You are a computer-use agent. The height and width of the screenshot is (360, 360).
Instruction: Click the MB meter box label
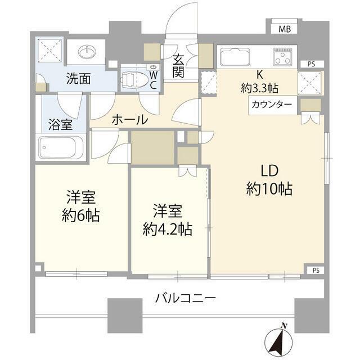[x=285, y=29]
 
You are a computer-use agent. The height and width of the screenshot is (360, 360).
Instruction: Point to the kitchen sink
[x=235, y=57]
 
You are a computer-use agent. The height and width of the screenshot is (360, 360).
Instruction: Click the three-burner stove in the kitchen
[x=282, y=56]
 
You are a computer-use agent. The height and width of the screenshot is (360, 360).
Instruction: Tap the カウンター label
[x=272, y=105]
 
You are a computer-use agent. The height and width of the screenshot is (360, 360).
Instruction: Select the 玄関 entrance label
[x=178, y=66]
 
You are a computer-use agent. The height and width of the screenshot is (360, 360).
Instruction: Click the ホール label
[x=130, y=120]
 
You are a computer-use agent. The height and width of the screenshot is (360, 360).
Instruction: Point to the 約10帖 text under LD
[x=269, y=189]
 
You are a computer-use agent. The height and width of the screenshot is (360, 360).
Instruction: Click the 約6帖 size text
[x=81, y=215]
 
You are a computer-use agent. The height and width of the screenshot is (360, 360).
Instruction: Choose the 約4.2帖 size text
[x=168, y=229]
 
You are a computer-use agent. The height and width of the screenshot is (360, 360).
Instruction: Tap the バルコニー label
[x=186, y=299]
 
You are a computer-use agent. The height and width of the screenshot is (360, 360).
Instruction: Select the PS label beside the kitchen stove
[x=311, y=64]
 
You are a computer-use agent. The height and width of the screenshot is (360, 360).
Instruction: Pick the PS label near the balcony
[x=316, y=271]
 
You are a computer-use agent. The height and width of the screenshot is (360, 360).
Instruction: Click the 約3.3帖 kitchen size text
[x=259, y=88]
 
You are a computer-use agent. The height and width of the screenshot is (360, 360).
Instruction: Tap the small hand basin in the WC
[x=152, y=67]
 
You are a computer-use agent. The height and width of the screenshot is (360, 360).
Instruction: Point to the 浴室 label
[x=61, y=125]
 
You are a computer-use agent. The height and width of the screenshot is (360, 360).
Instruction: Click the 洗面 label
[x=78, y=79]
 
